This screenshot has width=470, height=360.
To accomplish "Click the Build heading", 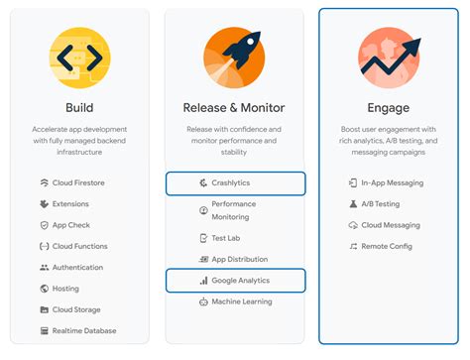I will pos(79,108).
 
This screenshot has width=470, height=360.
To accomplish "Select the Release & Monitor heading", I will pos(234,108).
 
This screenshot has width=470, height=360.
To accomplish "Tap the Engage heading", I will pos(389,108).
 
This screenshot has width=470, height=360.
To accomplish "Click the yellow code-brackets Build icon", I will pos(79,57).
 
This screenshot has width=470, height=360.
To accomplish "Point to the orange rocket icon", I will pos(234,57).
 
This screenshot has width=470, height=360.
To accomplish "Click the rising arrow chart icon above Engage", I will pos(389,57).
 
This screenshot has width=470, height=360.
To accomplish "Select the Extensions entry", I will pos(70,204).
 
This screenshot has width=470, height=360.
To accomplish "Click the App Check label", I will pos(71,225).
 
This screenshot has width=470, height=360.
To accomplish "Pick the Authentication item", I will pos(77,267).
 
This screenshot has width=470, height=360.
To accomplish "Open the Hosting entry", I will pos(65,289).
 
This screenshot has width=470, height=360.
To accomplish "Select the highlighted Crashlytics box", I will pos(235,183).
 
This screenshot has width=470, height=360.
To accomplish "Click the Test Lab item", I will pos(227,238).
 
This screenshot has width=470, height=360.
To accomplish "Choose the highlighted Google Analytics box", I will pos(235,281).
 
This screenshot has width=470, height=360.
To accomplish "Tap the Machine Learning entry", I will pos(241,301).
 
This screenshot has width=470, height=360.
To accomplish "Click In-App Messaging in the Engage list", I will pos(392,183).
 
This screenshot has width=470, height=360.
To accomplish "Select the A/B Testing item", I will pos(381,204).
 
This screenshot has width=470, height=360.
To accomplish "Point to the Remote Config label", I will pos(387,246).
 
